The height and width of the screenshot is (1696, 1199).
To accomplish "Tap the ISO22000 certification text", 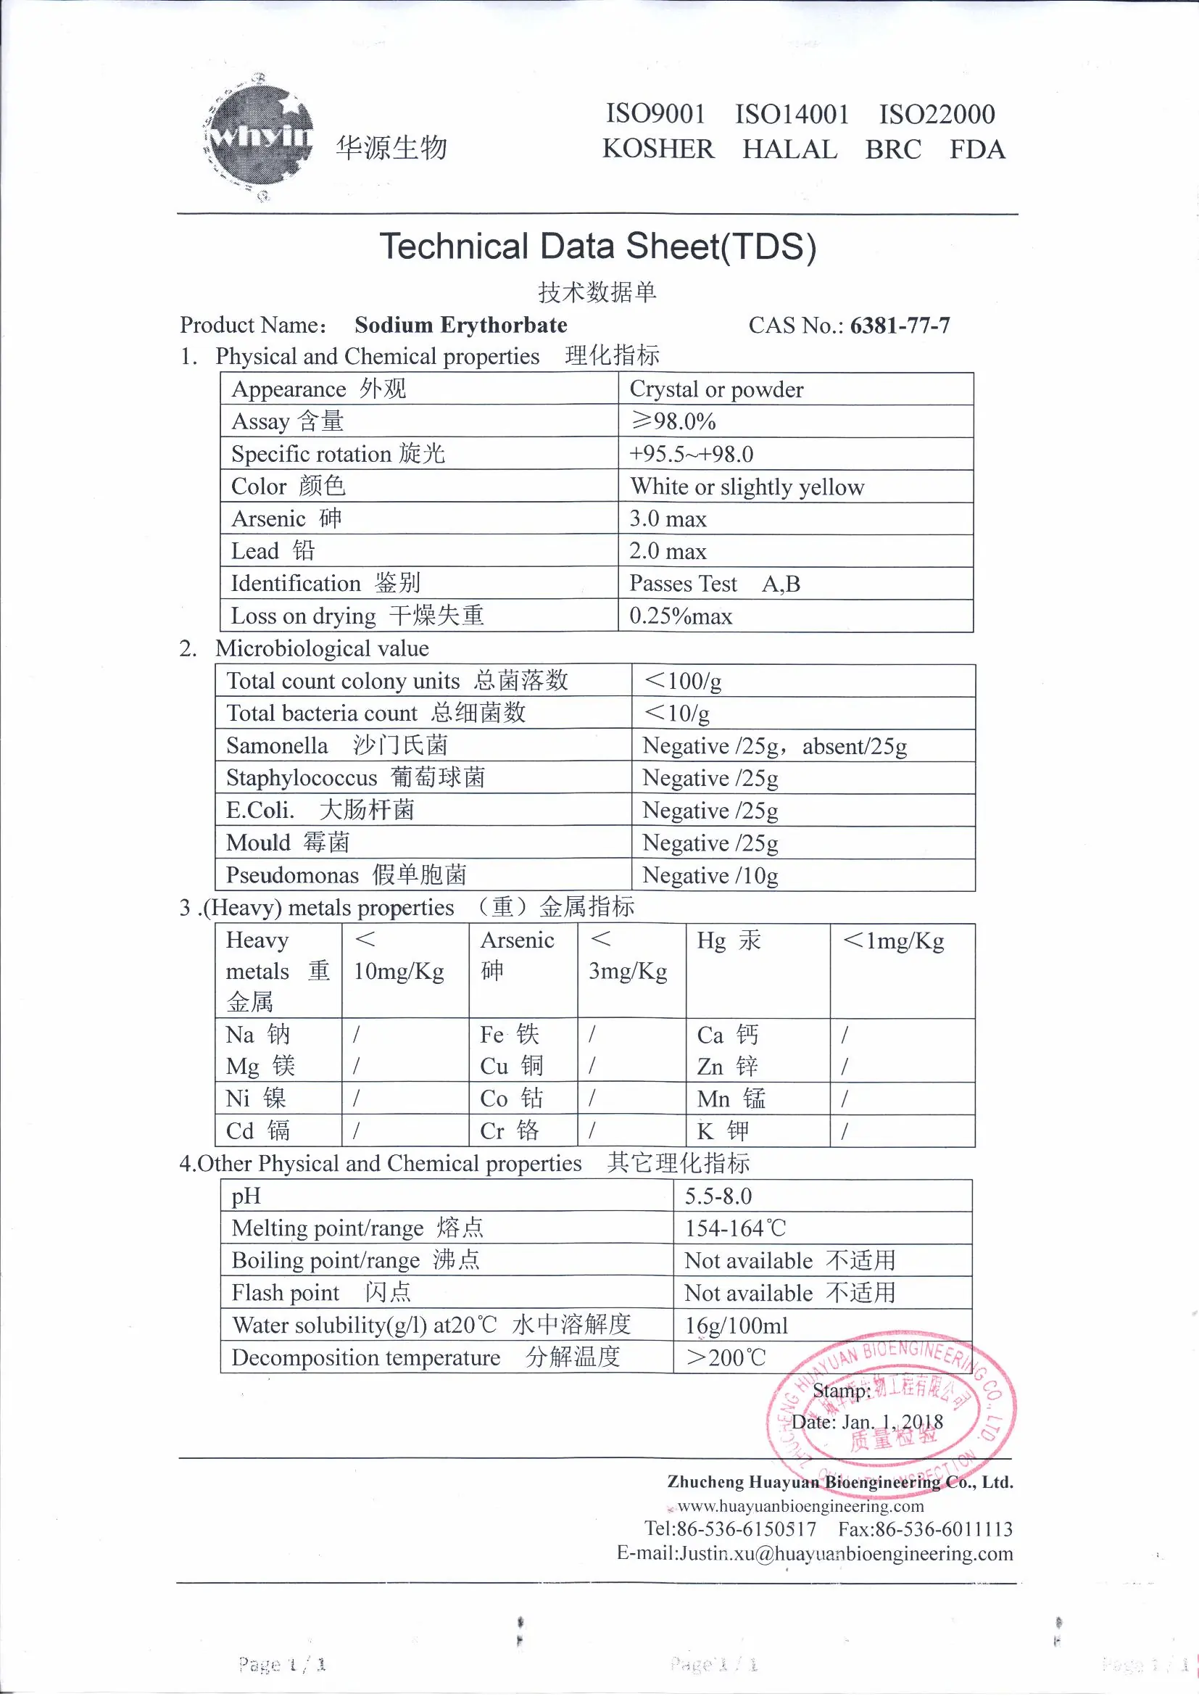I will [x=936, y=115].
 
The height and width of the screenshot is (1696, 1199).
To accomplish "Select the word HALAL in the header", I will [x=789, y=150].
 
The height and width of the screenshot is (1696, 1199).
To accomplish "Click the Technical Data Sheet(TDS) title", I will [x=597, y=247].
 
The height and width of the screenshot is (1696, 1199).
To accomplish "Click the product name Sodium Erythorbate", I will [x=461, y=326].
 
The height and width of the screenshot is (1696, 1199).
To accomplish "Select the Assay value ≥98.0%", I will [x=673, y=422].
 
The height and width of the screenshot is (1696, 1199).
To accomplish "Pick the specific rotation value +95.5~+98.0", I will [x=691, y=455].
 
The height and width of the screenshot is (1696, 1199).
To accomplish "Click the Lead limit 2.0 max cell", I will [x=668, y=552].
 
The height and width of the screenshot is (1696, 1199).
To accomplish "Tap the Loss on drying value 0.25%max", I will [x=680, y=617].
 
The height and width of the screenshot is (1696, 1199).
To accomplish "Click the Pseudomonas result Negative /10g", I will [x=710, y=876].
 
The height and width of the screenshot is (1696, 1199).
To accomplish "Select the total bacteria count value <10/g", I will [x=677, y=713].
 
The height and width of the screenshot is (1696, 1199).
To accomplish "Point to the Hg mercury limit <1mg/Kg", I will [x=893, y=941].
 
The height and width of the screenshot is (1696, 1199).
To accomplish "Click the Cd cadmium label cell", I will [x=257, y=1131].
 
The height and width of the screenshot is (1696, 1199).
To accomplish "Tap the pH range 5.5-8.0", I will [x=718, y=1196].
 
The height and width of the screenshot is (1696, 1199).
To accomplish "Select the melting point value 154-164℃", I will [x=735, y=1229].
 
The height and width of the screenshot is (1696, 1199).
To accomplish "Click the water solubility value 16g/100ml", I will [x=736, y=1327].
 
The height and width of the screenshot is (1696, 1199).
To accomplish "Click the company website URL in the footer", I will [x=800, y=1507].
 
